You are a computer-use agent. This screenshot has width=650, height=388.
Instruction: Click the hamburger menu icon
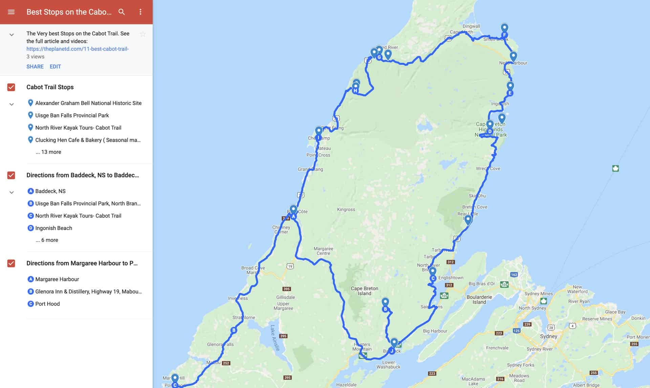[x=11, y=12]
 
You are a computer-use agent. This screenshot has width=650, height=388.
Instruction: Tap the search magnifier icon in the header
[x=122, y=12]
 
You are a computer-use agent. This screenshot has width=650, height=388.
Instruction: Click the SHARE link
[x=35, y=67]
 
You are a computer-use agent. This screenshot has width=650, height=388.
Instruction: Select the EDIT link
[x=55, y=67]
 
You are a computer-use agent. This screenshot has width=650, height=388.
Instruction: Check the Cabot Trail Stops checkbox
[x=11, y=87]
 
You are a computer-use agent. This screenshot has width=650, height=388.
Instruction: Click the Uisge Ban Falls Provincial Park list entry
[x=72, y=115]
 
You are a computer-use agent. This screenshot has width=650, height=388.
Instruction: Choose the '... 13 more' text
[x=48, y=152]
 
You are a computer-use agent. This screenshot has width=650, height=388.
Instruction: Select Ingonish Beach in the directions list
[x=53, y=228]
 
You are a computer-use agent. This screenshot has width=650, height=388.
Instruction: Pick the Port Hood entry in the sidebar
[x=47, y=304]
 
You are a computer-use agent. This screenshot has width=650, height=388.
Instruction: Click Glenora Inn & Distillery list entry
[x=88, y=292]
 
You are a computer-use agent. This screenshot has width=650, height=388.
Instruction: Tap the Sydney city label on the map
[x=548, y=336]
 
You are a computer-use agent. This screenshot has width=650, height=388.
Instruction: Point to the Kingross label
[x=346, y=210]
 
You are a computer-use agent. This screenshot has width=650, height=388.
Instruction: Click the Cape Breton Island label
[x=364, y=291]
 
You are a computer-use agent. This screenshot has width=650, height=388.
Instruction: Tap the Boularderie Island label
[x=479, y=300]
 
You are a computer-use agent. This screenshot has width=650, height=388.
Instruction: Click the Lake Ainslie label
[x=275, y=338]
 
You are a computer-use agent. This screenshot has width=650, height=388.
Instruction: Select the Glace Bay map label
[x=615, y=312]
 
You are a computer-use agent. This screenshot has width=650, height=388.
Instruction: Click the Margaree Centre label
[x=323, y=251]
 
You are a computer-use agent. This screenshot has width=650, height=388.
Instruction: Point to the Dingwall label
[x=471, y=26]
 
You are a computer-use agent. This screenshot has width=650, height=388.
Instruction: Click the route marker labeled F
[x=504, y=35]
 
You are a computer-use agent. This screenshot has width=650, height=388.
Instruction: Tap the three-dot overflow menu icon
[x=140, y=12]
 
